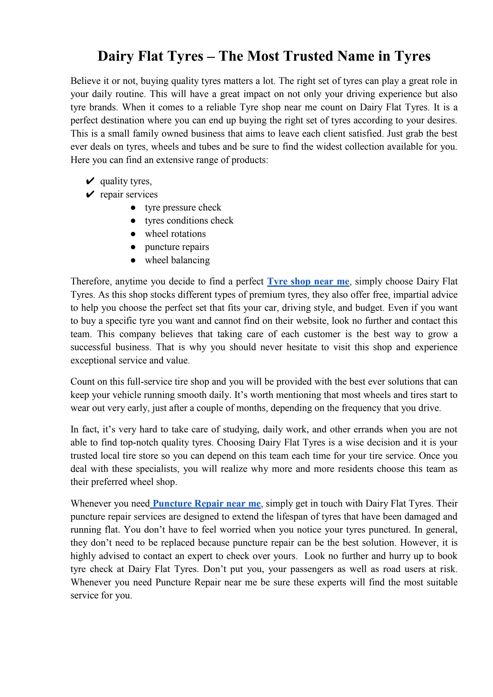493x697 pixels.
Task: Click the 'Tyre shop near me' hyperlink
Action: tap(308, 281)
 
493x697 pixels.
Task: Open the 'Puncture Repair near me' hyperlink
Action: tap(207, 504)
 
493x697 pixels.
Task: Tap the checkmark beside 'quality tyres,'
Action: tap(90, 181)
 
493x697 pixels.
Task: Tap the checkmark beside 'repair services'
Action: tap(90, 194)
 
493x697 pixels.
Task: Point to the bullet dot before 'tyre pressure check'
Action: tap(133, 208)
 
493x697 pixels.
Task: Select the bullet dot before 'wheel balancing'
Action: tap(133, 260)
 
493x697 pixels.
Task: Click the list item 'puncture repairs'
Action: tap(177, 247)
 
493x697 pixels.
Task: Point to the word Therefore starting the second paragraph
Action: tap(90, 281)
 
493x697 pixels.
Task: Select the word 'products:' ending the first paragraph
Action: tap(250, 160)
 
